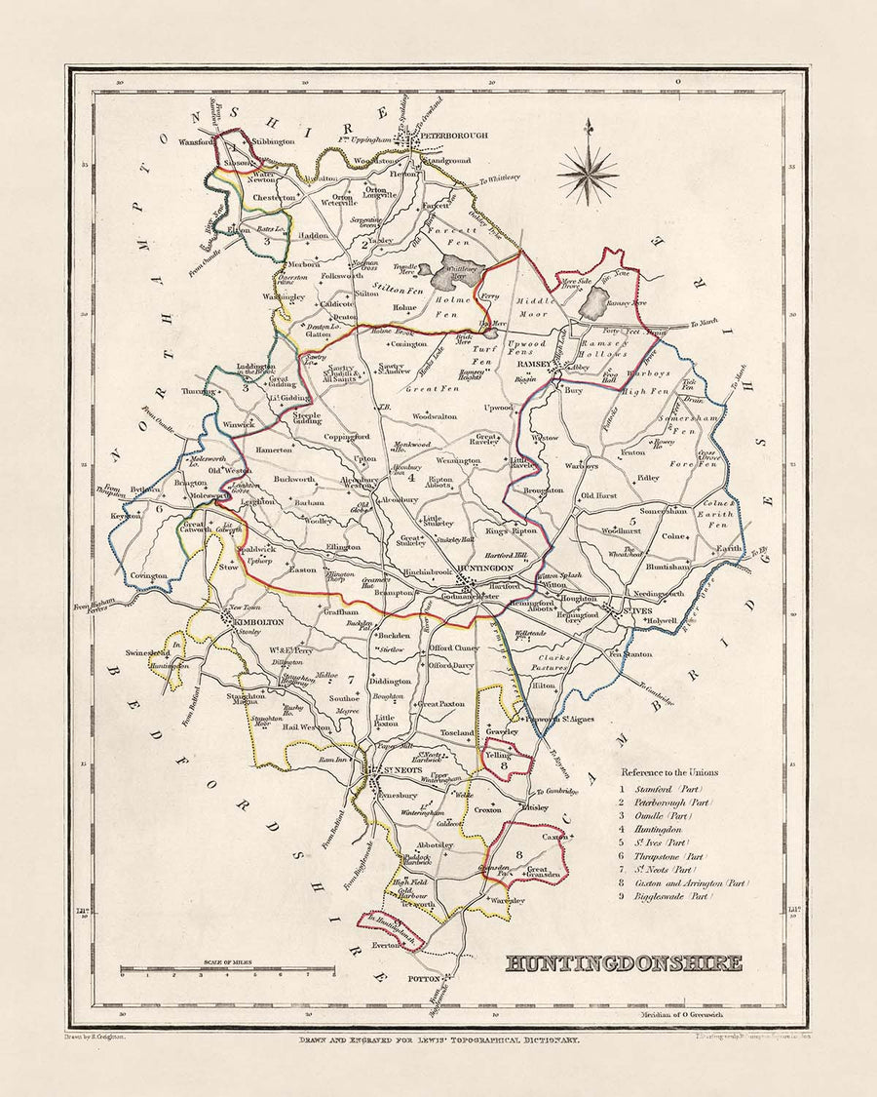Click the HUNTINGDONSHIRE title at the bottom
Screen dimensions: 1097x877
point(624,963)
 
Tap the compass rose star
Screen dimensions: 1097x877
point(588,174)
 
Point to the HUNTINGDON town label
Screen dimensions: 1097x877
point(480,567)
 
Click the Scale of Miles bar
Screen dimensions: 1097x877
point(226,971)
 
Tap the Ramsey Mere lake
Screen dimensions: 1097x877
point(591,306)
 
